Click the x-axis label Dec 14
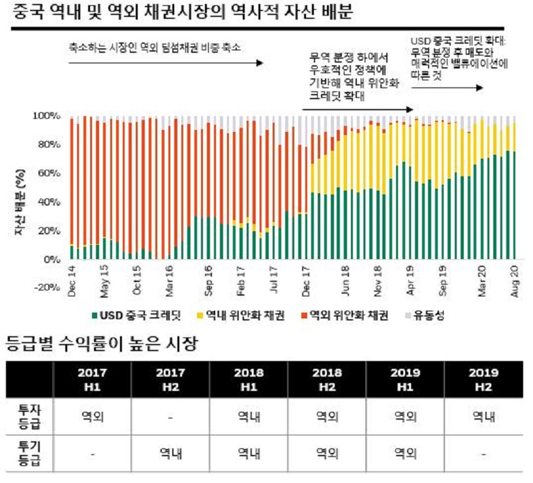(72, 278)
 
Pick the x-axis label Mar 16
(169, 278)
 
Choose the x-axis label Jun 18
(345, 278)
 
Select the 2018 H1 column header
(249, 379)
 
